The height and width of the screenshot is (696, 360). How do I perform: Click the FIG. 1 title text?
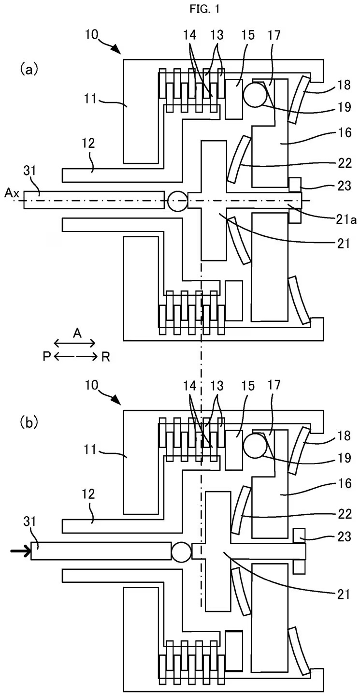click(180, 9)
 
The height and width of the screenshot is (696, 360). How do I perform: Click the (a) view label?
click(29, 70)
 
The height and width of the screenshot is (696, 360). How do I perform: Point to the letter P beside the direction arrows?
click(46, 357)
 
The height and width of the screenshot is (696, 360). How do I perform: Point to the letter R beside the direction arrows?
click(105, 357)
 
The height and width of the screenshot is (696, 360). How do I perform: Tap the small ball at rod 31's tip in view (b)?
click(181, 552)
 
